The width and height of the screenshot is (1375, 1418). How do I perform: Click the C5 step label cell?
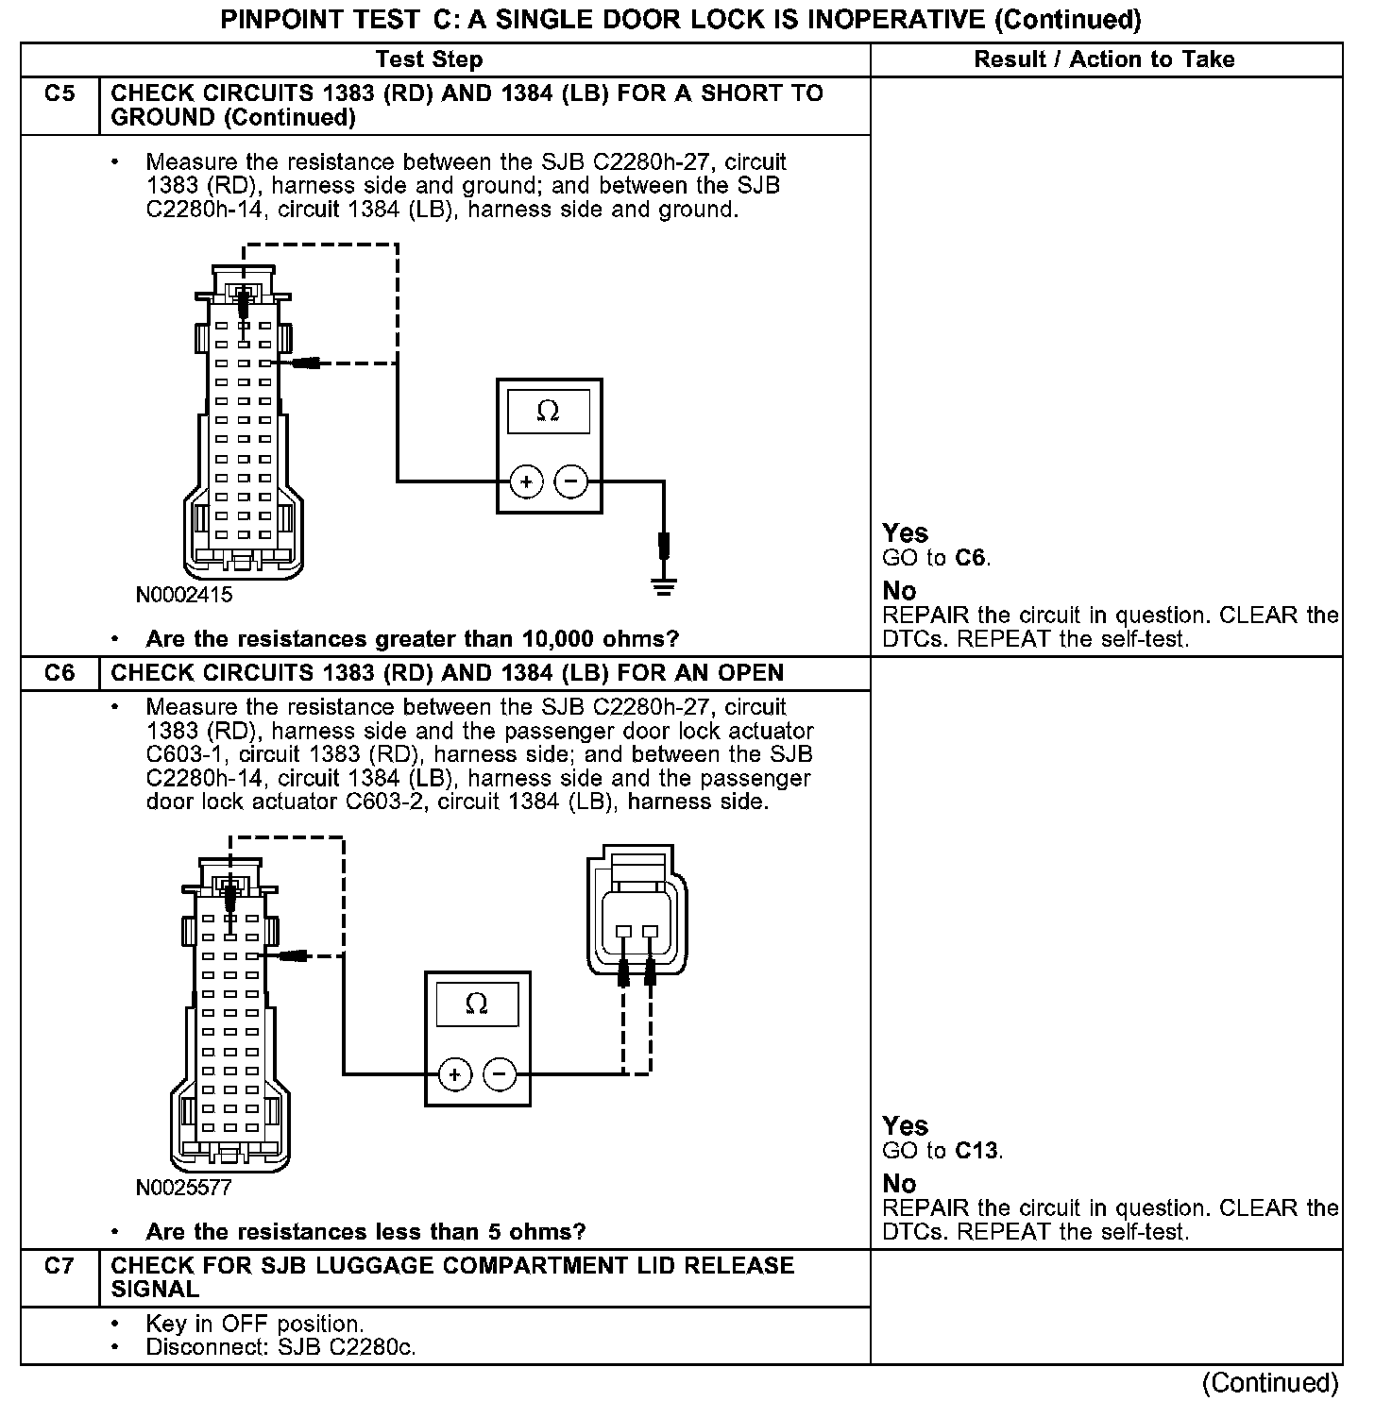[x=59, y=93]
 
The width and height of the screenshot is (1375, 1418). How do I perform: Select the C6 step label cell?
[x=59, y=673]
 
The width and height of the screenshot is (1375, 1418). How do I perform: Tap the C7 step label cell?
[x=59, y=1266]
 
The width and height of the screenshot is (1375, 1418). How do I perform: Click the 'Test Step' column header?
[x=429, y=59]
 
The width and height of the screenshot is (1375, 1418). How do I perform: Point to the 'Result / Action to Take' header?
[x=1104, y=59]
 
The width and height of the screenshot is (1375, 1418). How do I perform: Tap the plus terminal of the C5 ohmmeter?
[x=526, y=482]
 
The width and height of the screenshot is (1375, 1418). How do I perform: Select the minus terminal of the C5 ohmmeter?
[x=570, y=482]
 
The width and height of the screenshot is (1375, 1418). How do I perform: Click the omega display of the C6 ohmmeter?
[x=477, y=1004]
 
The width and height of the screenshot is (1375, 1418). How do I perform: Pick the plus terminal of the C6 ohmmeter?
[x=454, y=1074]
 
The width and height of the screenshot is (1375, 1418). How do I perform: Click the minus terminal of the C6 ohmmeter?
[x=500, y=1074]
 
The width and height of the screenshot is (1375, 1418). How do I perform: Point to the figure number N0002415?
[x=184, y=596]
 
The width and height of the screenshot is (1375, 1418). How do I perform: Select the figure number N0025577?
[x=184, y=1188]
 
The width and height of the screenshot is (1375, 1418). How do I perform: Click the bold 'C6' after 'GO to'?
[x=971, y=558]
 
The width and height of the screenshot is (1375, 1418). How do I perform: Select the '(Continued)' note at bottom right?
[x=1269, y=1383]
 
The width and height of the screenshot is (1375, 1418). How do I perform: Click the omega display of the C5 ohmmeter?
[x=548, y=413]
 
